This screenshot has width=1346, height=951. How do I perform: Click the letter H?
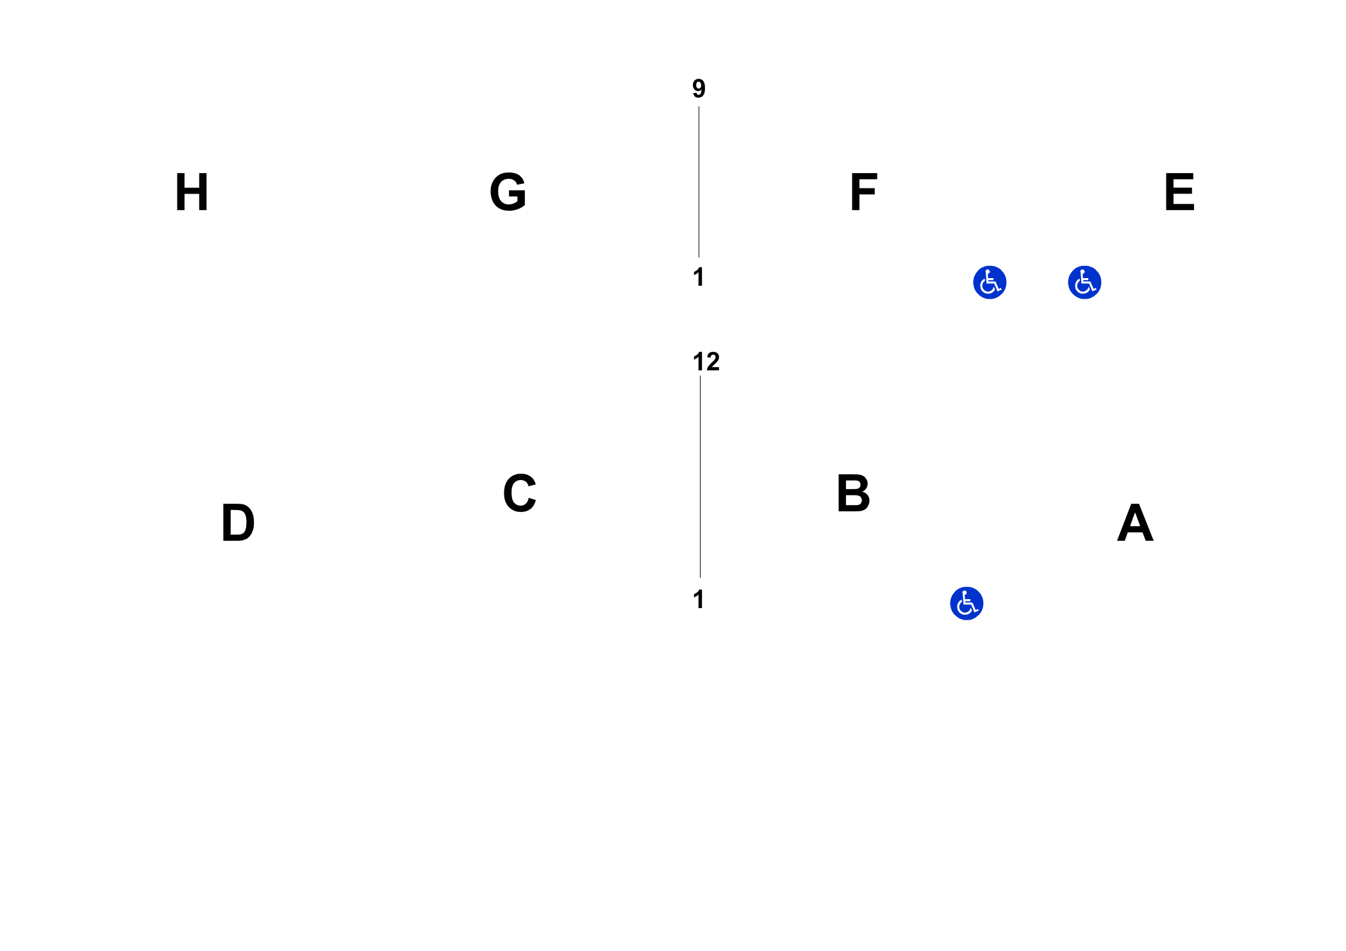(192, 192)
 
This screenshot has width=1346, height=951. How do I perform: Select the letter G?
(508, 192)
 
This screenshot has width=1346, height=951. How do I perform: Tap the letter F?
(863, 192)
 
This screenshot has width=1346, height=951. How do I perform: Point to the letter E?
(1179, 192)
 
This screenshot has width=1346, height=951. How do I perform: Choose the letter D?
(238, 522)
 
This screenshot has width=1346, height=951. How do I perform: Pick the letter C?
(519, 493)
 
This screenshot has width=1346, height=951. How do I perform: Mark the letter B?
(853, 493)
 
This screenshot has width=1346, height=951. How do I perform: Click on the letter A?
(1135, 522)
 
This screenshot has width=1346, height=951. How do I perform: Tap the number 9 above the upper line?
(699, 88)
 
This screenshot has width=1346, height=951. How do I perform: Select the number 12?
(706, 362)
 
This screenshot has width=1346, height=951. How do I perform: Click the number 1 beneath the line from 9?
(699, 277)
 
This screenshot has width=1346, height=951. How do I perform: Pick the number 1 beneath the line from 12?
(699, 599)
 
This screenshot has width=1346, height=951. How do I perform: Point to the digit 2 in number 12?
(713, 362)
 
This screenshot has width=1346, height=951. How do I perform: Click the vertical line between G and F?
(699, 182)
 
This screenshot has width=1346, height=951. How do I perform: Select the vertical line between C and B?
(700, 476)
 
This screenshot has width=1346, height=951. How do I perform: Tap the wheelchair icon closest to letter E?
(1084, 283)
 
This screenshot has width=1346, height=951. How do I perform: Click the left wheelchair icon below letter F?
(990, 283)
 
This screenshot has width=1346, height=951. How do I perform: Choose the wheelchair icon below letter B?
(967, 604)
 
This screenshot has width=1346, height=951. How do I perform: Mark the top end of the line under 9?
(699, 107)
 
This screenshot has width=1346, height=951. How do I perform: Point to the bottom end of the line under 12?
(700, 577)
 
